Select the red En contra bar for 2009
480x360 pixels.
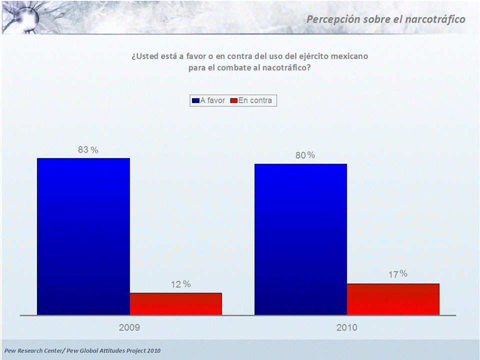[175, 303]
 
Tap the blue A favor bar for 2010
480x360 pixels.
[300, 239]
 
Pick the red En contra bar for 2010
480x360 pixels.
[393, 299]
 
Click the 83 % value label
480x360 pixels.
[87, 149]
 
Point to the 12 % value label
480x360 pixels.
[180, 284]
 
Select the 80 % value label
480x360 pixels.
[304, 155]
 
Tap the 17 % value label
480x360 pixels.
[397, 274]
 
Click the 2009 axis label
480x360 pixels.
[129, 328]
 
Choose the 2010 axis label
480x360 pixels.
[346, 328]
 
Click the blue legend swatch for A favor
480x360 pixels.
[195, 101]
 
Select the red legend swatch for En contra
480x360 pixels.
[233, 101]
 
